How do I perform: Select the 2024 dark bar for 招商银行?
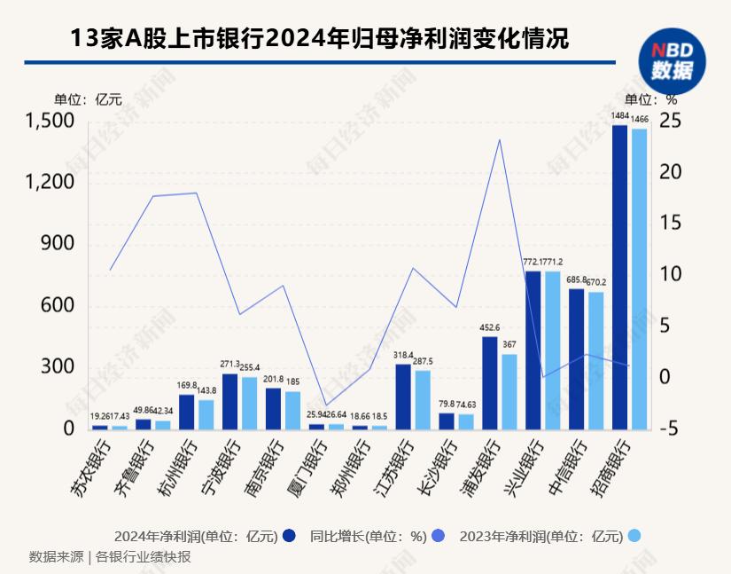(619, 277)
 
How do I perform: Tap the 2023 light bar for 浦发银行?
(509, 391)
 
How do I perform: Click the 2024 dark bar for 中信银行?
(576, 358)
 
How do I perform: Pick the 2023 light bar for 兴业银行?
(552, 350)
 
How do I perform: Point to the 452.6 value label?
(489, 327)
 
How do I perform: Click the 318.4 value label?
(402, 355)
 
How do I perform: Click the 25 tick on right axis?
(671, 121)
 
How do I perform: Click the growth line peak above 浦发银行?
(500, 139)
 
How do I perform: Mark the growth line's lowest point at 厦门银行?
(327, 405)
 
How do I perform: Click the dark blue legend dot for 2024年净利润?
(289, 536)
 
